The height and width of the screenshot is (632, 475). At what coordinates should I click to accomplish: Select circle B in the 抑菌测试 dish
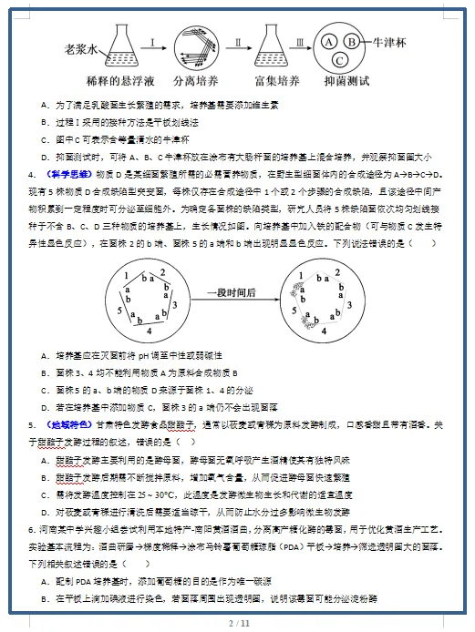pos(351,40)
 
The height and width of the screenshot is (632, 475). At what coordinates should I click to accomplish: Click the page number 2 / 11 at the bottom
pos(238,623)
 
